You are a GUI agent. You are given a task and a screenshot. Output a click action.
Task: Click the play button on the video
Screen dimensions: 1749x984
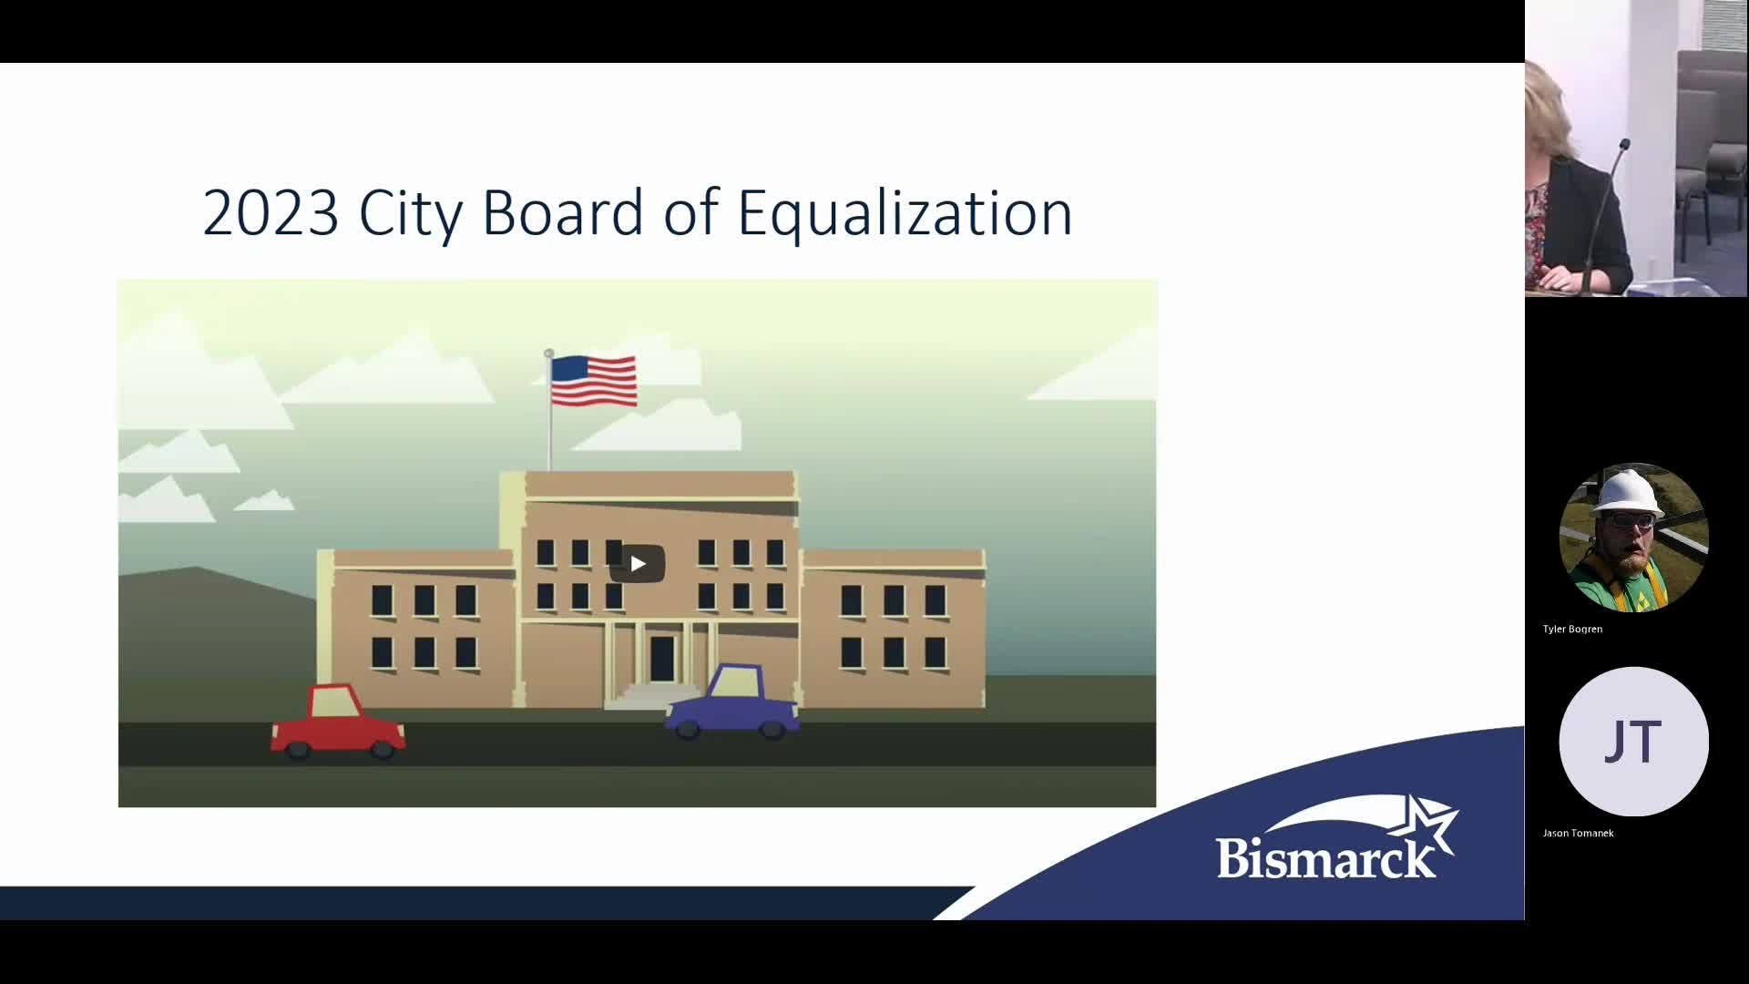638,564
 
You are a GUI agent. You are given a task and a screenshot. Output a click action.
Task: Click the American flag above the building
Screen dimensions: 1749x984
594,381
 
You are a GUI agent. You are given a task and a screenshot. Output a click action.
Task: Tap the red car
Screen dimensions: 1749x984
338,722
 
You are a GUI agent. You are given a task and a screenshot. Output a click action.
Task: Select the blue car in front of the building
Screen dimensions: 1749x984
732,702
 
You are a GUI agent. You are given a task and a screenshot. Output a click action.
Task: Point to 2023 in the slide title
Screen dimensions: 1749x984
271,213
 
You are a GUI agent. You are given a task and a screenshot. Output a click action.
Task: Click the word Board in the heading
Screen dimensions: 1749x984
563,212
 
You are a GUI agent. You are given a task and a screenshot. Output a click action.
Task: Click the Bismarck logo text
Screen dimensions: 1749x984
1325,857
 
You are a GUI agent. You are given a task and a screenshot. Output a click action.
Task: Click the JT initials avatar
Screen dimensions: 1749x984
1633,742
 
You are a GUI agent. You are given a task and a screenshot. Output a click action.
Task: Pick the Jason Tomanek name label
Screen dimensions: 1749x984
1578,833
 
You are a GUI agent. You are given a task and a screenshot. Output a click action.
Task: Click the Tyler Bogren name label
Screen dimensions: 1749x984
1572,629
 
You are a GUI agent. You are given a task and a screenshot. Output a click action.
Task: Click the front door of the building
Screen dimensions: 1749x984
662,658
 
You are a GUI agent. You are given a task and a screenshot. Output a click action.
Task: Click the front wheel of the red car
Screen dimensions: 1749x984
382,749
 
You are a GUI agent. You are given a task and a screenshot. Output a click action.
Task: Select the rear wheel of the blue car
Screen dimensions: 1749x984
688,728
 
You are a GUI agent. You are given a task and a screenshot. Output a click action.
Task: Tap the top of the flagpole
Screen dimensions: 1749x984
548,353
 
